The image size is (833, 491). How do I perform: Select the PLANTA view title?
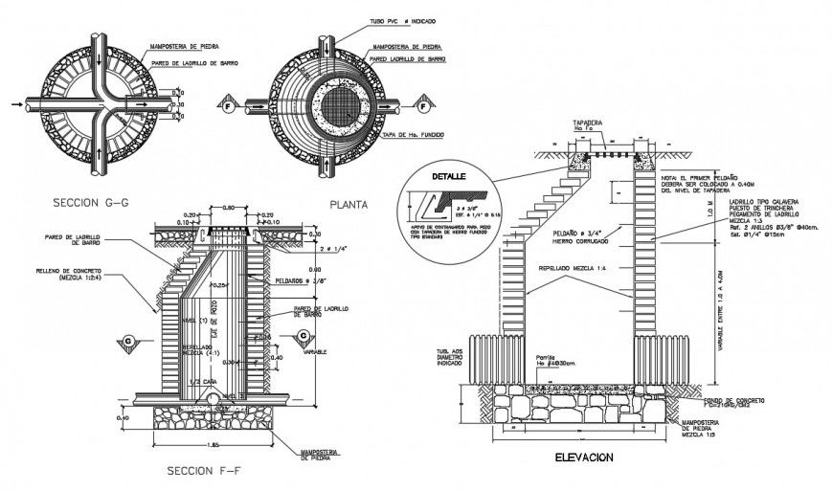pyautogui.click(x=349, y=204)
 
